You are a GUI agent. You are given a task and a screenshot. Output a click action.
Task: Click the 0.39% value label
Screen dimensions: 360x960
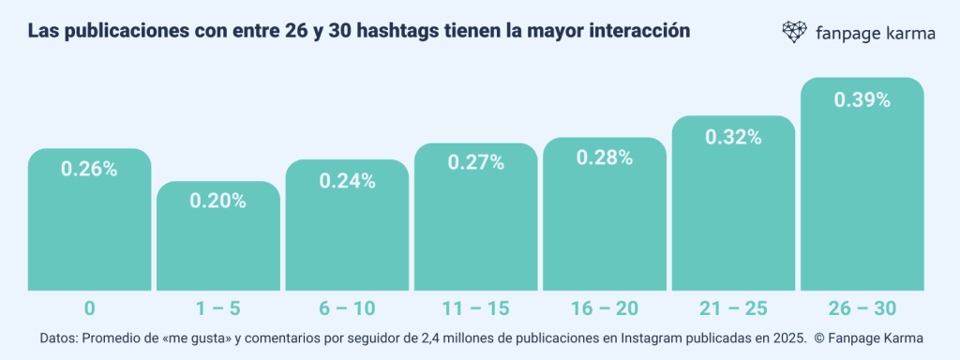point(862,100)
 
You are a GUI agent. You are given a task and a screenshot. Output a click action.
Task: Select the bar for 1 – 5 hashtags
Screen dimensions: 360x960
point(218,244)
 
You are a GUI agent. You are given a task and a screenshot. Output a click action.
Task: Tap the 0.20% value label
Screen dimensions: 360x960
point(218,200)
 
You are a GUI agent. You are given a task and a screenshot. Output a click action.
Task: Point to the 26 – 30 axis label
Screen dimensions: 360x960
point(862,308)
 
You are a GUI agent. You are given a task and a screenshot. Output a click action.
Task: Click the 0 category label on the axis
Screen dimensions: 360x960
point(89,308)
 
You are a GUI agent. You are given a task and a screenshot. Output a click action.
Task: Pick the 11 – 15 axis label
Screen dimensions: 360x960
point(476,308)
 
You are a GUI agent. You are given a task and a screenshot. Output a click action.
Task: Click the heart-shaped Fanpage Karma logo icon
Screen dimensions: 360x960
point(794,32)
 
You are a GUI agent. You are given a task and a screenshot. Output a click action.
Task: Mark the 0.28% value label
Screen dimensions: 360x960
point(605,157)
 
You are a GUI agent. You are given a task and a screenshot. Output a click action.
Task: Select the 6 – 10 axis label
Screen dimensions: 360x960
point(347,308)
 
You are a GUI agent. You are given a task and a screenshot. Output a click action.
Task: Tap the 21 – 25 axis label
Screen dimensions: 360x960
point(734,308)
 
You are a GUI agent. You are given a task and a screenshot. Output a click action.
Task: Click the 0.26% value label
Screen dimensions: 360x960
point(89,170)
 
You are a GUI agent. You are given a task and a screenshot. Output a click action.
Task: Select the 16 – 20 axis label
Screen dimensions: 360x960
point(605,308)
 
